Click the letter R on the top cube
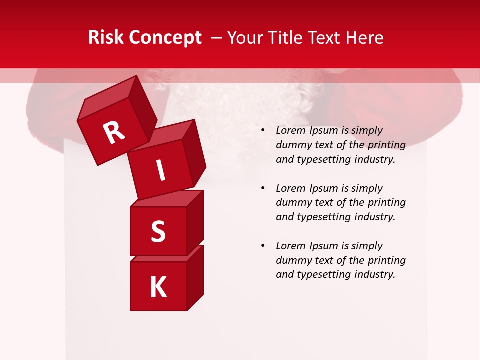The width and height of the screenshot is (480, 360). (114, 132)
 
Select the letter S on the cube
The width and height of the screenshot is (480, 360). (158, 231)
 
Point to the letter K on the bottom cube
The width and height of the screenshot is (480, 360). (158, 287)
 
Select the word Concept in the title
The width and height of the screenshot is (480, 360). (165, 37)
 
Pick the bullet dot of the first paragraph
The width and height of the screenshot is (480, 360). (263, 131)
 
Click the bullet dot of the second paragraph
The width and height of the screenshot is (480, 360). (263, 189)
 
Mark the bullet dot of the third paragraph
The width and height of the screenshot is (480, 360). (263, 246)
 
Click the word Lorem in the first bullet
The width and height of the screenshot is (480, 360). (291, 130)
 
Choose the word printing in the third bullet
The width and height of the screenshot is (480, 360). (386, 260)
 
